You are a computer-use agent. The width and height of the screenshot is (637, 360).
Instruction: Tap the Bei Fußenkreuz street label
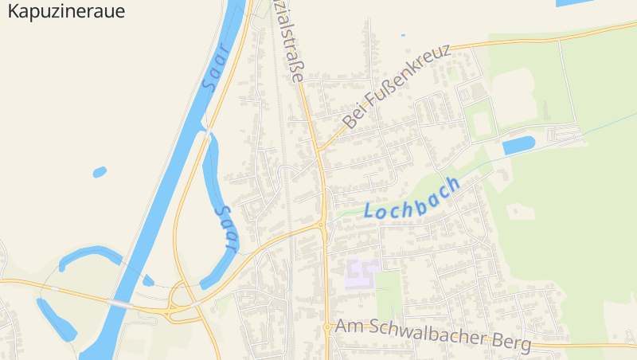(398, 85)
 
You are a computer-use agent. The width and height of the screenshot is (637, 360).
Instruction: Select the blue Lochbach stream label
(412, 200)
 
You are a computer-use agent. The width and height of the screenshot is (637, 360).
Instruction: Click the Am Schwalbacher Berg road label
(433, 335)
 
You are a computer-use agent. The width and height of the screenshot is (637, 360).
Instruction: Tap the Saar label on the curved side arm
(226, 229)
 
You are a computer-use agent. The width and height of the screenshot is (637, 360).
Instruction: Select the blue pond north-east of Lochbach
(518, 145)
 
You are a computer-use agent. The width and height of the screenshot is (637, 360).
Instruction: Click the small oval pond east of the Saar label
(100, 171)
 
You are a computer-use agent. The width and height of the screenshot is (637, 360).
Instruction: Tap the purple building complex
(362, 274)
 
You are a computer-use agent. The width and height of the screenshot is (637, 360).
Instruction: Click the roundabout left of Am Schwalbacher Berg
(327, 327)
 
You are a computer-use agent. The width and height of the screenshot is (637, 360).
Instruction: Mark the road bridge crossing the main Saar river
(119, 303)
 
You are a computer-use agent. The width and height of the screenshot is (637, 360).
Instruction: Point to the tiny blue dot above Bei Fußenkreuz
(403, 35)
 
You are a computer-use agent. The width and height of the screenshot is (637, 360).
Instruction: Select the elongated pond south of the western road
(56, 318)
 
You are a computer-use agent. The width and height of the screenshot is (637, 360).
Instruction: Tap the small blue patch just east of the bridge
(148, 280)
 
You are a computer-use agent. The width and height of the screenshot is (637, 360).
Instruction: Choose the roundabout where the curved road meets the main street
(322, 225)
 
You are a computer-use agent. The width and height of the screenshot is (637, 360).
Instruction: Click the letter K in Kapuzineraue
(13, 11)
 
